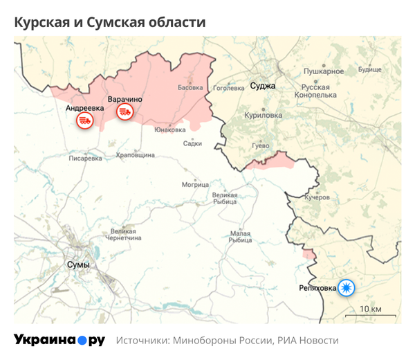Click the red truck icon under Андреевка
(84, 120)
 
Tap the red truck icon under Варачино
(124, 111)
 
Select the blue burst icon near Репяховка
(345, 287)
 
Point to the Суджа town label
(263, 87)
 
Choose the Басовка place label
(190, 88)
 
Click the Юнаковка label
(169, 129)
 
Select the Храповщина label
(136, 156)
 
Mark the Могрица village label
(195, 185)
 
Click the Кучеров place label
(317, 197)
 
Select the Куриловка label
(264, 116)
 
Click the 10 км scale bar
(370, 313)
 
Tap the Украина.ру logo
(59, 341)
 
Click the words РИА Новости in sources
(308, 341)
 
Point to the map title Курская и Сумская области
(110, 22)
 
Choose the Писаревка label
(86, 158)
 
